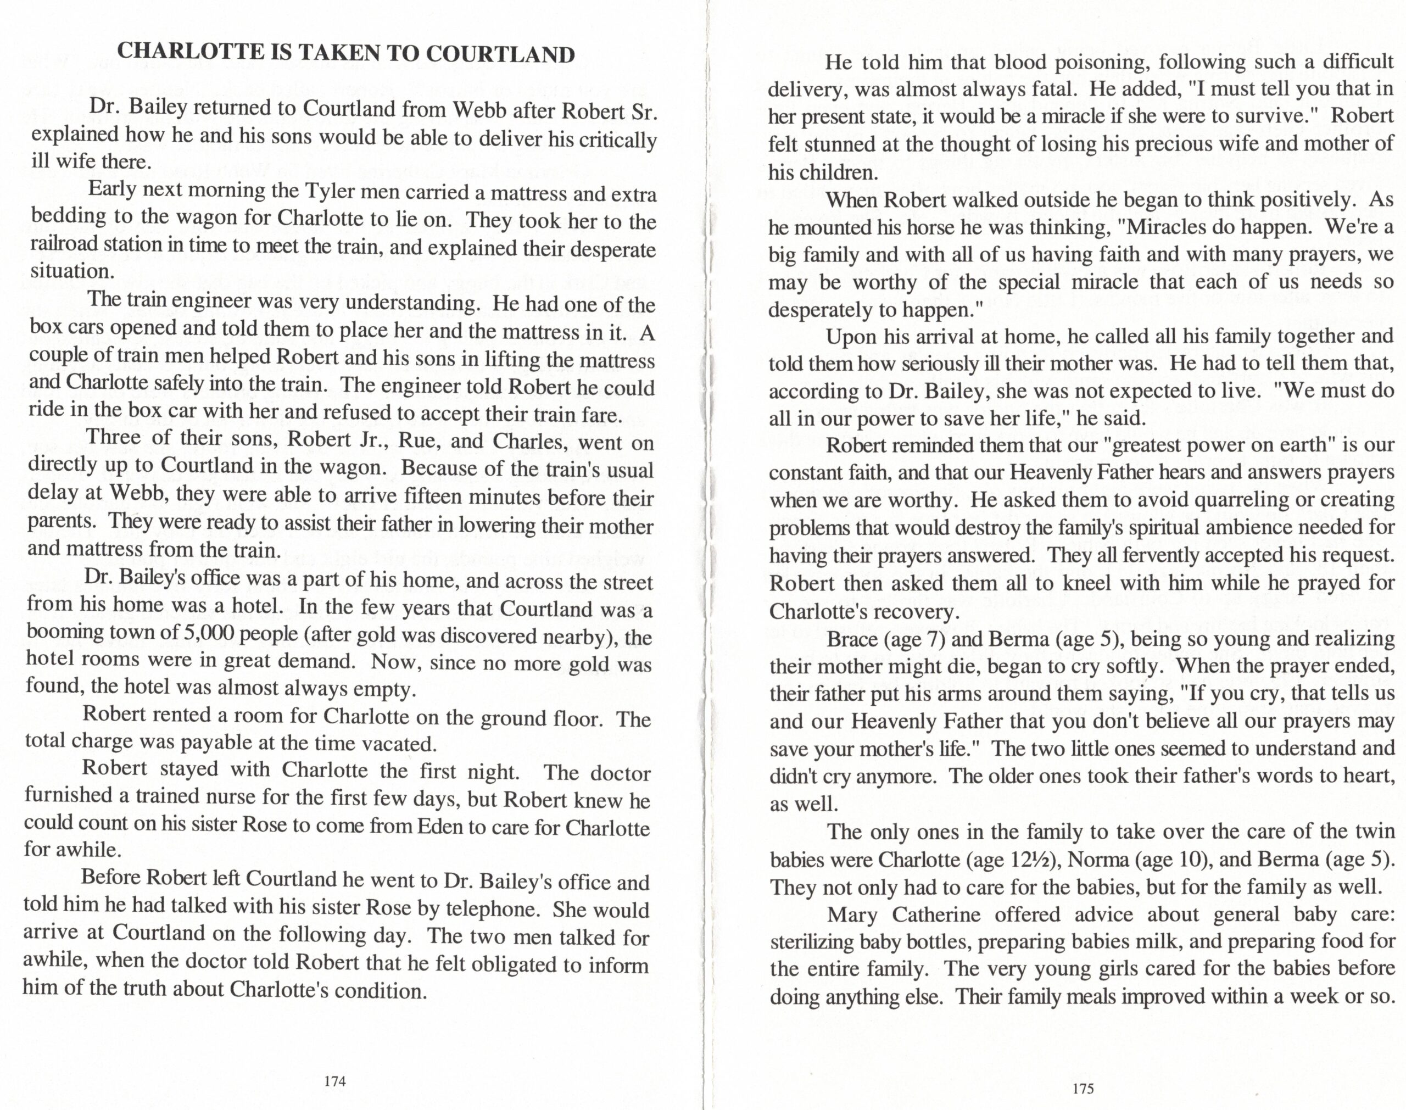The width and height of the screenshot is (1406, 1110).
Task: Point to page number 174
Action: pyautogui.click(x=334, y=1081)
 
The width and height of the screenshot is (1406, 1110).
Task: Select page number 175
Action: pyautogui.click(x=1083, y=1089)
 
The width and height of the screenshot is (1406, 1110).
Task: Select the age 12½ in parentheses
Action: pyautogui.click(x=1030, y=860)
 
